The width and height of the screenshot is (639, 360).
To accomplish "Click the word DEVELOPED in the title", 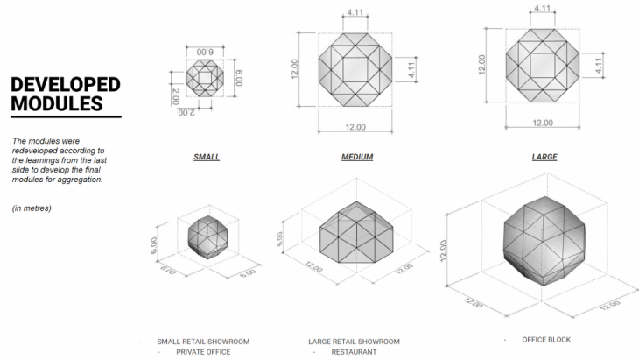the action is coord(65,85).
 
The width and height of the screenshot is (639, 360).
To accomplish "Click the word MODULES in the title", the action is coord(57,103).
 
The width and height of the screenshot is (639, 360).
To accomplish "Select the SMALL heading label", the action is coord(207,157).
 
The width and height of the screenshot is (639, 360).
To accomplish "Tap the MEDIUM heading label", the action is coord(357,157).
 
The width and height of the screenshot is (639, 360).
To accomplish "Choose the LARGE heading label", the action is coord(544,157).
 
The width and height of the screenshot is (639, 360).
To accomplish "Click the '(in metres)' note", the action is coord(32,208).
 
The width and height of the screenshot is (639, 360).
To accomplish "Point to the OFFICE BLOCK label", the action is coord(546,340).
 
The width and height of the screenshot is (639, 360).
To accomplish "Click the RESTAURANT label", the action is coord(354,352).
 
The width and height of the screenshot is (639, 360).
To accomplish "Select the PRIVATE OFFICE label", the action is coord(203,352).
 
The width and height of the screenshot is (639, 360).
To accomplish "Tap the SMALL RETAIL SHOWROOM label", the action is coord(203,342).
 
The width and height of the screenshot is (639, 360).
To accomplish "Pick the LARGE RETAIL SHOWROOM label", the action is coord(354,342).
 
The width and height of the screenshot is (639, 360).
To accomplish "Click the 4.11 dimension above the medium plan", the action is coord(355,12).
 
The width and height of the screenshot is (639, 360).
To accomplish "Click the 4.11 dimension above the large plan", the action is coord(543,8).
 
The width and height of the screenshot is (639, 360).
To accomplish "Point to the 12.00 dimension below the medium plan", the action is coord(355,127).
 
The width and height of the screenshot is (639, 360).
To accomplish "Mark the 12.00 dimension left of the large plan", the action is coord(482,65).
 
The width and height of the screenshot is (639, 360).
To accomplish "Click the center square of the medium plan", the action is coord(355,69).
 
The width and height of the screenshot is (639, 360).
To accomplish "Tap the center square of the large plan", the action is coord(543,65).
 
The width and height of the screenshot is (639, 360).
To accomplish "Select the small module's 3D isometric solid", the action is coord(207,237).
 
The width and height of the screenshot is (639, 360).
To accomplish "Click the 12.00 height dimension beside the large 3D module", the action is coord(444,251).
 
